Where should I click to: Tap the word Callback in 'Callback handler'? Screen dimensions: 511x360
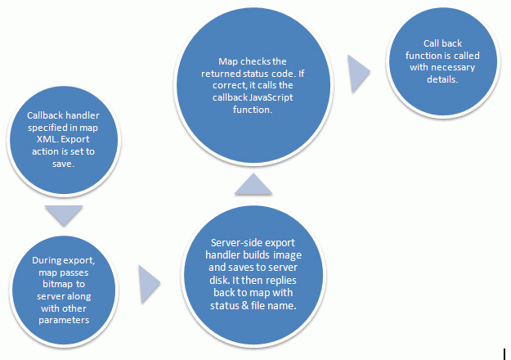point(43,115)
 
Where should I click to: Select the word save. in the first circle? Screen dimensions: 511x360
point(64,164)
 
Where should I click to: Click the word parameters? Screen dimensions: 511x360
point(64,320)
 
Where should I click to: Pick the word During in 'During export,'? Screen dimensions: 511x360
point(47,260)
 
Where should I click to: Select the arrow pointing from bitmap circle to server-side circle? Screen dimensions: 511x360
point(150,284)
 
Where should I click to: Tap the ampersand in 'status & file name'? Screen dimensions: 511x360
point(244,305)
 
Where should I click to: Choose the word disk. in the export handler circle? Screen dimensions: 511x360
point(219,281)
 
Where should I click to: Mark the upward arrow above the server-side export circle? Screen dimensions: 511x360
point(253,184)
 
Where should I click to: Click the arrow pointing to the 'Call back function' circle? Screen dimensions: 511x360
point(359,74)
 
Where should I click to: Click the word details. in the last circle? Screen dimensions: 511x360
point(442,79)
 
